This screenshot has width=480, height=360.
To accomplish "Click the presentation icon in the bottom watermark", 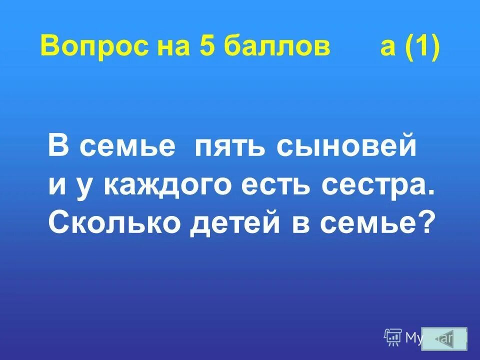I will tap(393, 337).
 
